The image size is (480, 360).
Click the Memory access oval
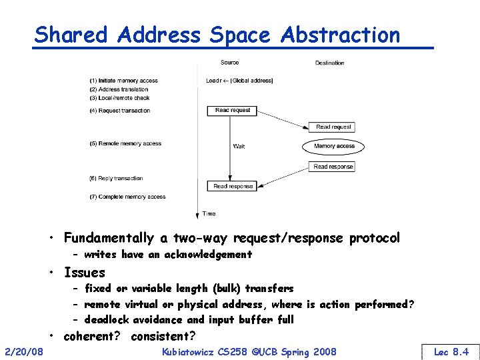tap(334, 146)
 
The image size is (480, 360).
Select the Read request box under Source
tap(233, 110)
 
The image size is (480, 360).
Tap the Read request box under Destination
tap(333, 127)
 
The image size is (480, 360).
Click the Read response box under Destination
tap(333, 167)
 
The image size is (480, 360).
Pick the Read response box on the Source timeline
tap(233, 186)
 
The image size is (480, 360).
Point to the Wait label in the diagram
tap(239, 146)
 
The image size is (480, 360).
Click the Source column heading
tap(229, 63)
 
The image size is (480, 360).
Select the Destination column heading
tap(329, 63)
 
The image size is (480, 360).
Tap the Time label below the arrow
tap(209, 213)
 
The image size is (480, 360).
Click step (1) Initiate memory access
tap(123, 81)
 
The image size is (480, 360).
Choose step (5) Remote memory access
tap(125, 143)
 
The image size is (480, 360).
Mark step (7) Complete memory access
tap(127, 197)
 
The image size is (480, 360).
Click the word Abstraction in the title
tap(341, 35)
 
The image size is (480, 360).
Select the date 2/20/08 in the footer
tap(24, 351)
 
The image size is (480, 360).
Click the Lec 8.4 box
tap(451, 351)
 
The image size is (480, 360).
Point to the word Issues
tap(85, 272)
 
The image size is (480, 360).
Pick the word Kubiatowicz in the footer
tap(193, 351)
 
